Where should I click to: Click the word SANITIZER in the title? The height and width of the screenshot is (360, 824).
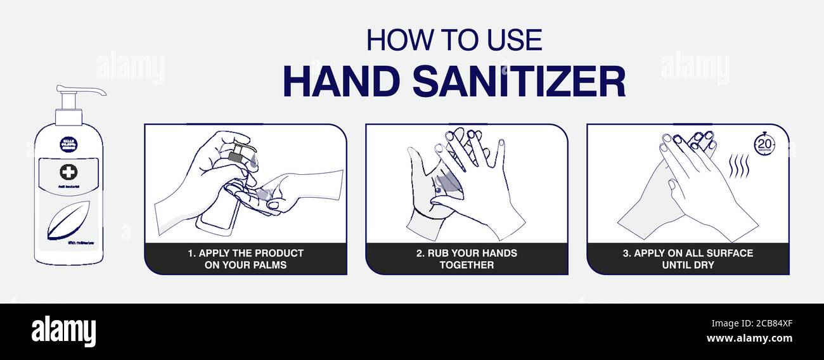(518, 82)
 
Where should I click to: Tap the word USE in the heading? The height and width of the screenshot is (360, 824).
(514, 40)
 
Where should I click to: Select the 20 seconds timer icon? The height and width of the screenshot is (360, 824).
(764, 144)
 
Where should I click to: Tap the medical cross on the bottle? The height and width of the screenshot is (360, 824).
(68, 172)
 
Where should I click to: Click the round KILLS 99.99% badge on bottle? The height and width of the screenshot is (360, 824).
(68, 144)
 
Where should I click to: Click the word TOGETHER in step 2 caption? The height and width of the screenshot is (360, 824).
(467, 265)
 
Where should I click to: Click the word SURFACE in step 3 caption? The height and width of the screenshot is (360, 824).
(731, 253)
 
